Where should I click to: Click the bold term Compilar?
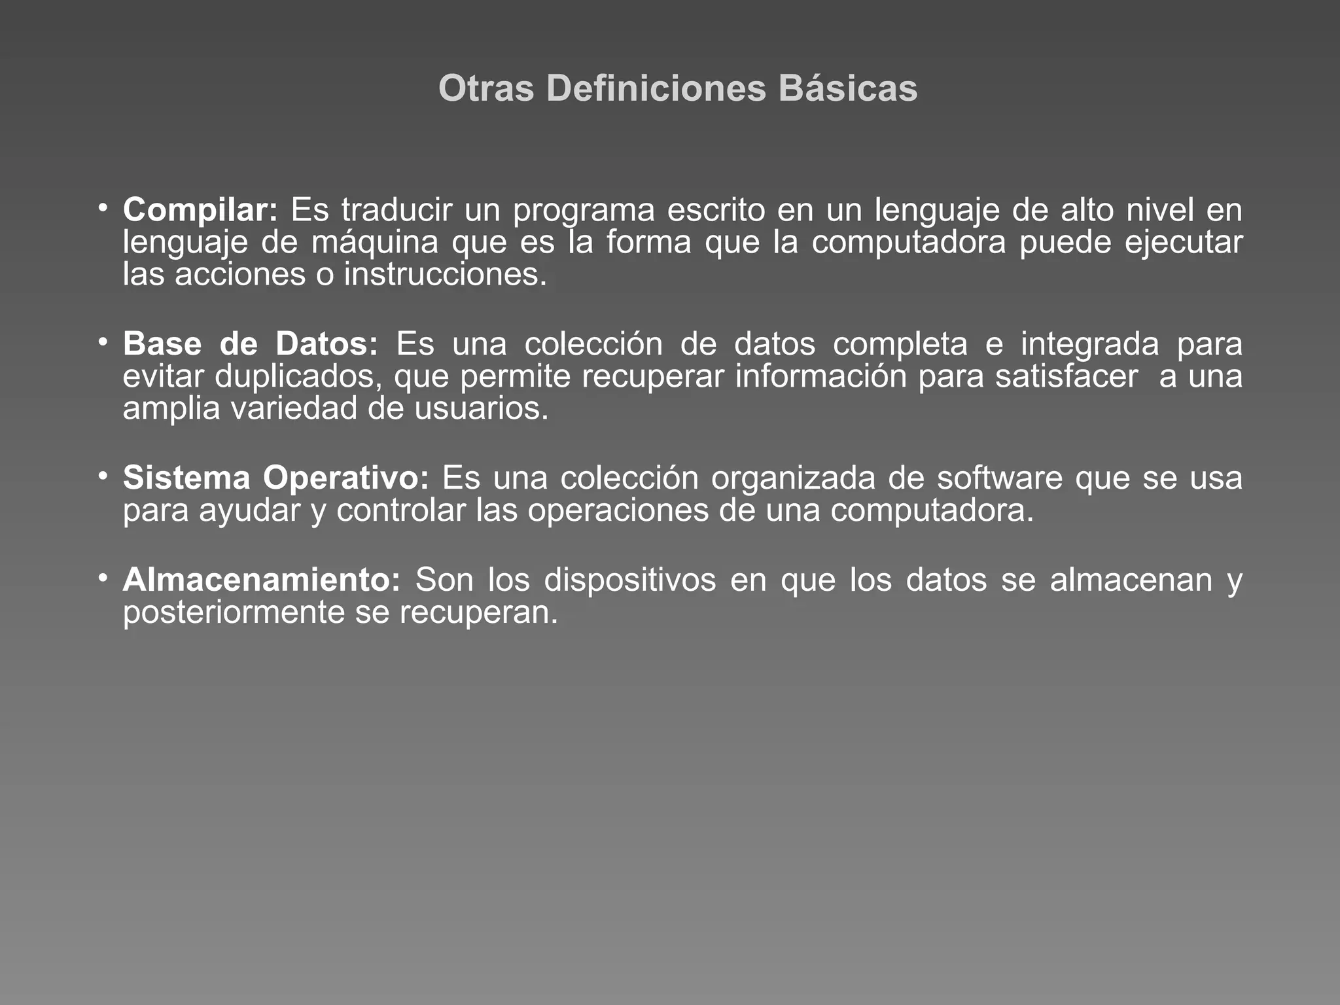click(x=200, y=211)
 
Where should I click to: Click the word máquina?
click(x=374, y=243)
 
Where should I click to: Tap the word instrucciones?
click(x=444, y=275)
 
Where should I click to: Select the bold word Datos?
click(x=326, y=344)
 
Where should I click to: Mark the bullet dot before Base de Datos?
click(x=103, y=342)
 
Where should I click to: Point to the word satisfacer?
click(x=1067, y=377)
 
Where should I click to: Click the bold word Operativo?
click(x=346, y=478)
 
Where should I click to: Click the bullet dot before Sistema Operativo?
click(x=103, y=476)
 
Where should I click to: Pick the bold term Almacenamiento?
click(x=261, y=580)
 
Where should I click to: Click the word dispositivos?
click(x=629, y=580)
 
